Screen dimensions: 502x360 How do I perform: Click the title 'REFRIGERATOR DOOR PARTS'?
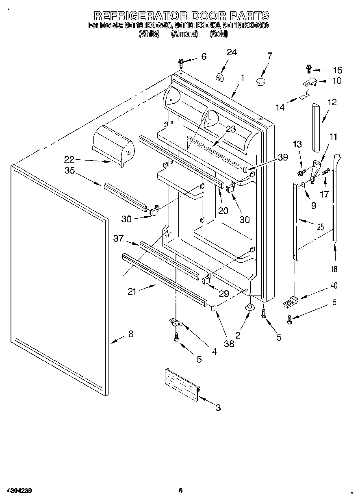pyautogui.click(x=181, y=16)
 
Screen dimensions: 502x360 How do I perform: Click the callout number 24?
pyautogui.click(x=232, y=52)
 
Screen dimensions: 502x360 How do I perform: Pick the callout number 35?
pyautogui.click(x=70, y=171)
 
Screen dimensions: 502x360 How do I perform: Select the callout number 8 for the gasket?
pyautogui.click(x=130, y=334)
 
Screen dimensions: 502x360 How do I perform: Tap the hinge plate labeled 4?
pyautogui.click(x=177, y=323)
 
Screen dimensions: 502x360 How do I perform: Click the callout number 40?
pyautogui.click(x=334, y=285)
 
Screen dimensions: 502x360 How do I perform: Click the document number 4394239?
pyautogui.click(x=19, y=490)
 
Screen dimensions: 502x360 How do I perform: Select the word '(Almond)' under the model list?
pyautogui.click(x=184, y=34)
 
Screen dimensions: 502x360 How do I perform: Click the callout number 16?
pyautogui.click(x=338, y=70)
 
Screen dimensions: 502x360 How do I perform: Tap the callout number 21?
pyautogui.click(x=132, y=291)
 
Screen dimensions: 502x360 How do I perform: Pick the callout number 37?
pyautogui.click(x=118, y=238)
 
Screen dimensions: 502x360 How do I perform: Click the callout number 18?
pyautogui.click(x=334, y=269)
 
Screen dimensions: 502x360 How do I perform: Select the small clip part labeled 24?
pyautogui.click(x=220, y=76)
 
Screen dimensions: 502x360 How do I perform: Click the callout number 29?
pyautogui.click(x=223, y=293)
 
